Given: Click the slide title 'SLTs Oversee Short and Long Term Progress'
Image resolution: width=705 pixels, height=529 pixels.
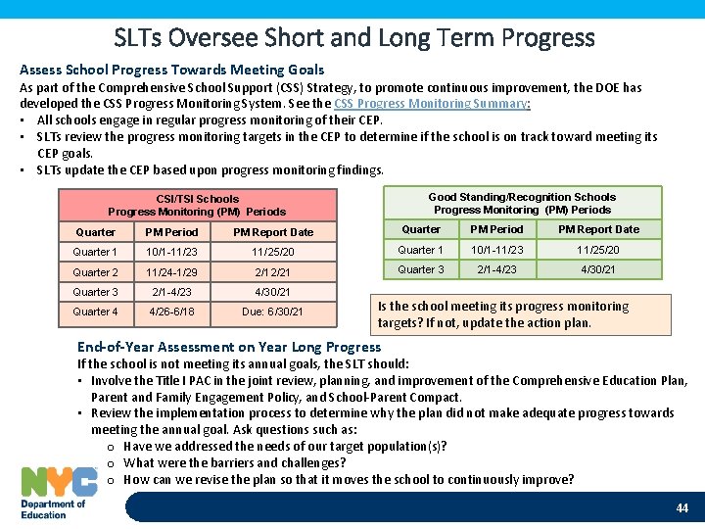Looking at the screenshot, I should point(353,37).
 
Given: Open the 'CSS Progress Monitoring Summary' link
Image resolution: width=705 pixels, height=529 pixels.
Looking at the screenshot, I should point(432,103).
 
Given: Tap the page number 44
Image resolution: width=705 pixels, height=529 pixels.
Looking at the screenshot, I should point(682,508).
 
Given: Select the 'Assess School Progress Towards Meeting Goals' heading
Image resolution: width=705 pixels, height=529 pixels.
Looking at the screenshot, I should point(171,70).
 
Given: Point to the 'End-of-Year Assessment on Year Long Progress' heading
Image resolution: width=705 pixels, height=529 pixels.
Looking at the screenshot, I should point(229,347).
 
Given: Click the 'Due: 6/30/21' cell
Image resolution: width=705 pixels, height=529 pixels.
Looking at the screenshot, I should point(273,313).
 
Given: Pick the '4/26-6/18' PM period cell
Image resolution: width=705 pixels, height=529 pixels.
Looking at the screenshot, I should point(171,313).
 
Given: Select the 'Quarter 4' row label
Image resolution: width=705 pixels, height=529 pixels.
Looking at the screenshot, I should point(95,313).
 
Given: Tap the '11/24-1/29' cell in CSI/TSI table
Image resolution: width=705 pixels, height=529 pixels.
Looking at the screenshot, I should point(171,272).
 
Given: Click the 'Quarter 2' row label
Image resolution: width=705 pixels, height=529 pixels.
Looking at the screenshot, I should point(95,272).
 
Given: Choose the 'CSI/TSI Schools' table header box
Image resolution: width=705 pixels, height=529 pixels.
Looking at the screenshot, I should point(197,205).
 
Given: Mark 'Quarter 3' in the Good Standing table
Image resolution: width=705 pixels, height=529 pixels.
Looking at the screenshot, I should point(421,269).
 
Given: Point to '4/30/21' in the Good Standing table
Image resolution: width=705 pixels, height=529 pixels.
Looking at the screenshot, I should point(598,269).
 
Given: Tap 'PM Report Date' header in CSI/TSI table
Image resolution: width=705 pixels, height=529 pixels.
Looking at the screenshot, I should point(273,232).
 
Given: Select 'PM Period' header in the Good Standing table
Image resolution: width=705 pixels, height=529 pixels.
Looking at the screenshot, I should point(497,229).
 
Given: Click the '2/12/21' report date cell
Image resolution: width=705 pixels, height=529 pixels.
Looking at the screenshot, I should point(273,272).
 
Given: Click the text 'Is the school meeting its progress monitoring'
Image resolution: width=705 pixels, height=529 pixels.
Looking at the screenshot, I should point(503,307).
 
